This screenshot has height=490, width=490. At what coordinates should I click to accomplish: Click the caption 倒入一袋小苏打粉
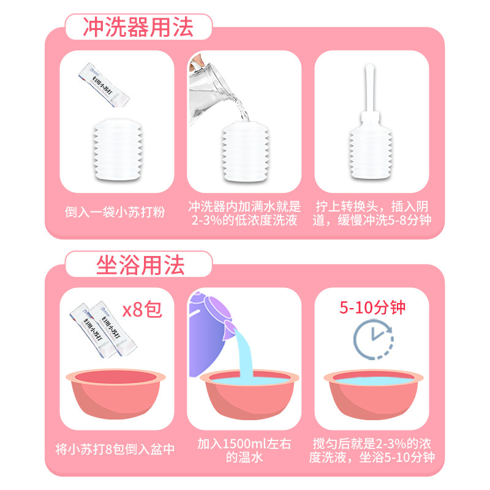point(115,214)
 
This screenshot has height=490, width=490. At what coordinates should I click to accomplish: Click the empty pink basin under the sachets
point(116,393)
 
